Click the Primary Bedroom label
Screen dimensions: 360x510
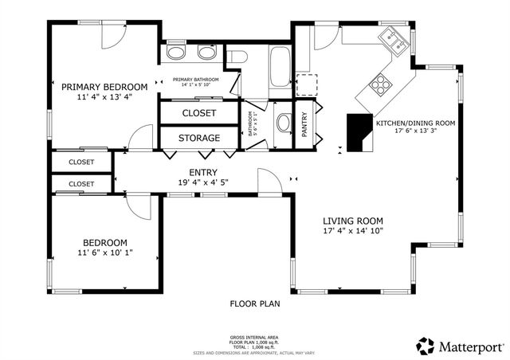tap(104, 87)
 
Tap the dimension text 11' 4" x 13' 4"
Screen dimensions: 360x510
tap(104, 97)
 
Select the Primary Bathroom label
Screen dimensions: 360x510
tap(194, 80)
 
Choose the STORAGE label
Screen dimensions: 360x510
tap(198, 138)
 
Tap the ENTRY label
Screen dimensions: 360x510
tap(203, 172)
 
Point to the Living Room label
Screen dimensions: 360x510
tap(352, 221)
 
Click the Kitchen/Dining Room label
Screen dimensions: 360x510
tap(415, 123)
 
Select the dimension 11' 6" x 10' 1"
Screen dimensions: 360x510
tap(105, 253)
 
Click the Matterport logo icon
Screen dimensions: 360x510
tap(426, 346)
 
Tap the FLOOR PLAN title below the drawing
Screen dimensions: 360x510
tap(255, 303)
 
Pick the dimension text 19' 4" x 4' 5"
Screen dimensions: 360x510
tap(203, 182)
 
